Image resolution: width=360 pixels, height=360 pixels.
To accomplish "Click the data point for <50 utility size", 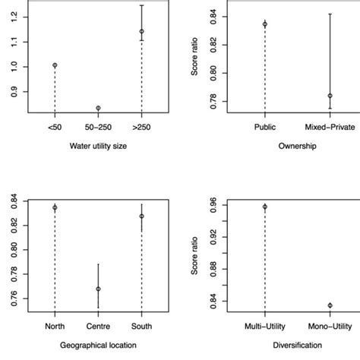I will (55, 65).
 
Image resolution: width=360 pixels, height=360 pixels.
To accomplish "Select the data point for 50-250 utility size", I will (98, 108).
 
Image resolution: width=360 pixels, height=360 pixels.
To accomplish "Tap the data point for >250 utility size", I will (141, 31).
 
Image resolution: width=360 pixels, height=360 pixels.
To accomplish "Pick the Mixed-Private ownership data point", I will (330, 96).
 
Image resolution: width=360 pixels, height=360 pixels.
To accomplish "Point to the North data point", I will (55, 207).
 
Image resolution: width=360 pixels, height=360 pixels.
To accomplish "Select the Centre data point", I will (98, 289).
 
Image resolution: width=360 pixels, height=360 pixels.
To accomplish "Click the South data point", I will (141, 216).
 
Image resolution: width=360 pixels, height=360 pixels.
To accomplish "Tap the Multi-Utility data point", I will (265, 207).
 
